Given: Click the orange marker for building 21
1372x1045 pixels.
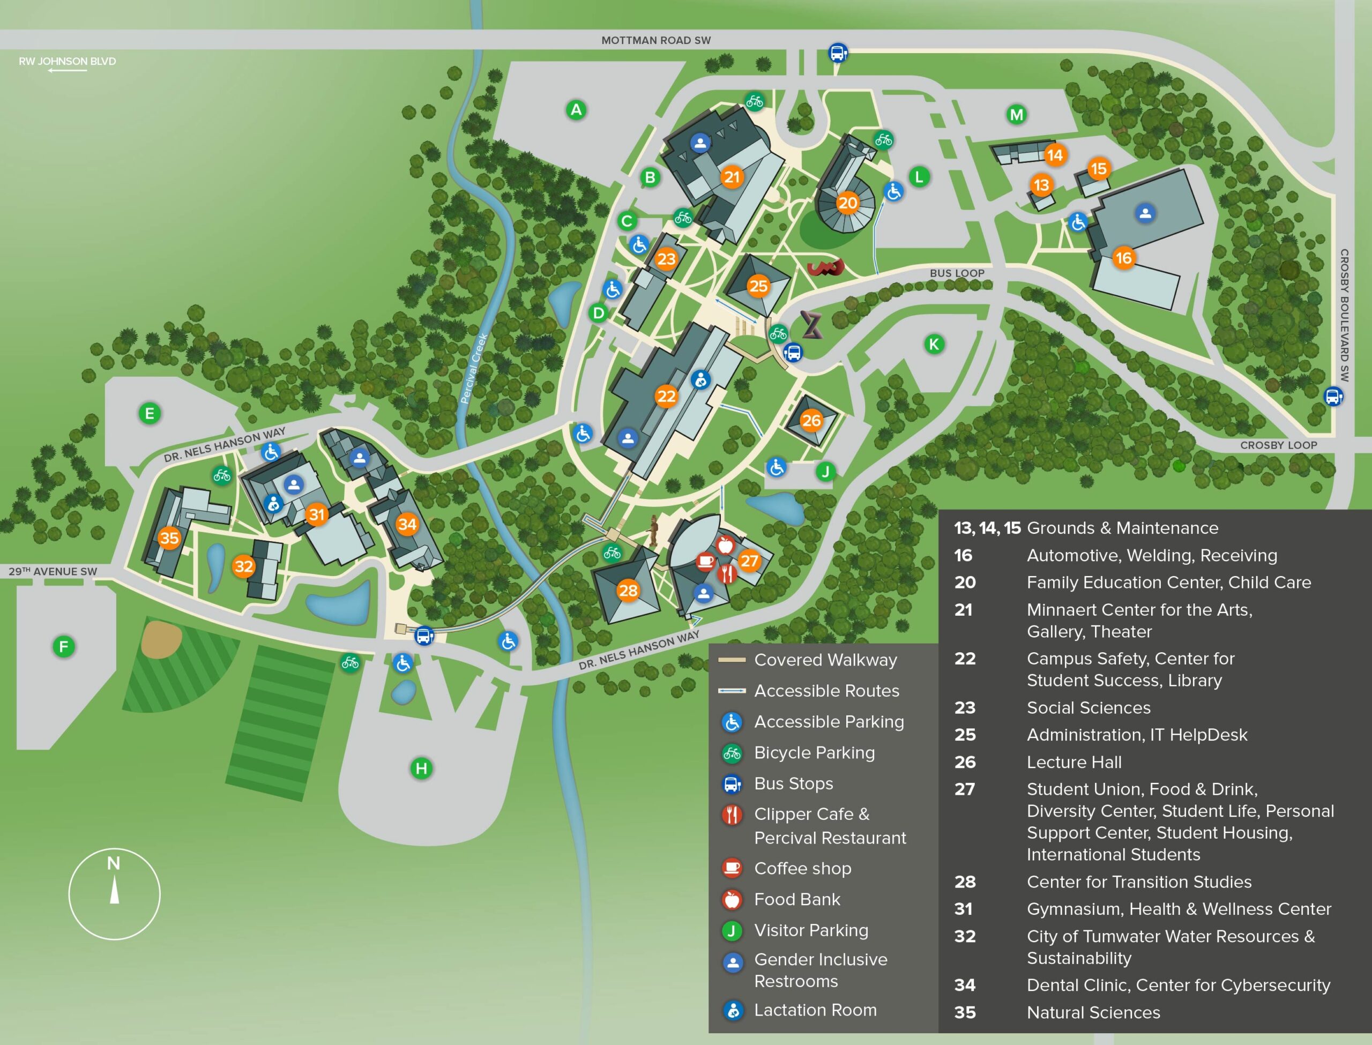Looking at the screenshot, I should pos(732,177).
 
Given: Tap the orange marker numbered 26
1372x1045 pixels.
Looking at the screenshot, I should pos(811,421).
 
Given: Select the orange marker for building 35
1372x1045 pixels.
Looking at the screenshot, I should pos(169,538).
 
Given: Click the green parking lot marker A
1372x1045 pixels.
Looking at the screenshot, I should pos(576,110).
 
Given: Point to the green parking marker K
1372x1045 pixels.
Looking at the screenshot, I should pos(934,344).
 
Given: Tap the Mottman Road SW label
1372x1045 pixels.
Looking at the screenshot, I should pos(655,40).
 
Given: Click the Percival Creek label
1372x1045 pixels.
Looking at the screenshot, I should pos(473,368).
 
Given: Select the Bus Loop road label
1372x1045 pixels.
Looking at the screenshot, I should pos(957,273).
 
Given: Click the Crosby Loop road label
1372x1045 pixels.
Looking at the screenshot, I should pos(1278,445).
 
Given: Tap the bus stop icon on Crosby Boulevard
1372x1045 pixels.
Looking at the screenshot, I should pos(1332,396).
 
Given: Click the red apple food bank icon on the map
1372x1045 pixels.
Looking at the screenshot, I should pos(725,546).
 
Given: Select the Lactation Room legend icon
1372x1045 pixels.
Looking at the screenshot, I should pos(733,1010).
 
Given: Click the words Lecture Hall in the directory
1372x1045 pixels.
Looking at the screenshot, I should pos(1074,762).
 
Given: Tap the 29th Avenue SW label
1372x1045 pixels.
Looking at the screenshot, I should pos(53,571).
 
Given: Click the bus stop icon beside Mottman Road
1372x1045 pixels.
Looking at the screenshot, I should pos(838,53).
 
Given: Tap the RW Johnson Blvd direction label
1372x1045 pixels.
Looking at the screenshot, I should pos(67,61).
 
